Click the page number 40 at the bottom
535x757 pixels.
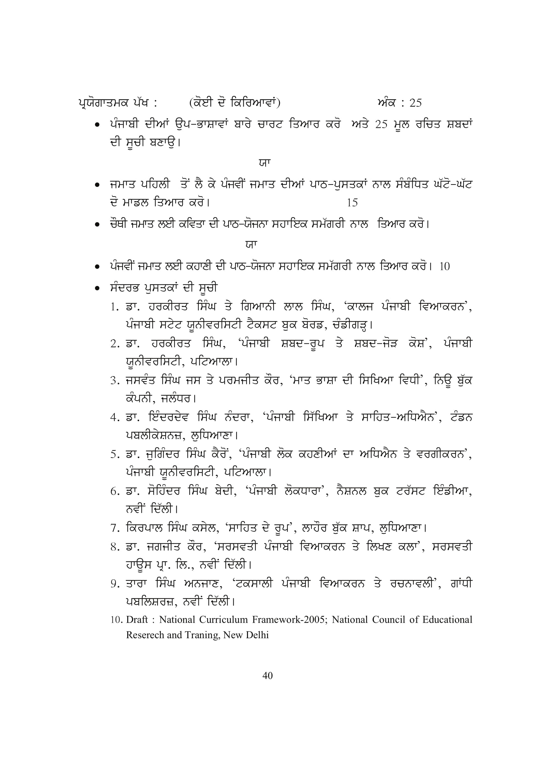[267, 675]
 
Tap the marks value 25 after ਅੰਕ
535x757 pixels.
[415, 103]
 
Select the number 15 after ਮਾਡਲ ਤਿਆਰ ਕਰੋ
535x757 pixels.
[352, 202]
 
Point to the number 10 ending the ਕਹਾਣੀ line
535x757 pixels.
[444, 266]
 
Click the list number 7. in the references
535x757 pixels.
[115, 529]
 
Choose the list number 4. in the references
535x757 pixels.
[115, 418]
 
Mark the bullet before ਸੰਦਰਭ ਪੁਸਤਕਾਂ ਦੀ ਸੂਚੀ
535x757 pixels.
[97, 288]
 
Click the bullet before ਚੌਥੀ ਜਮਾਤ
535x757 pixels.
[97, 225]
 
